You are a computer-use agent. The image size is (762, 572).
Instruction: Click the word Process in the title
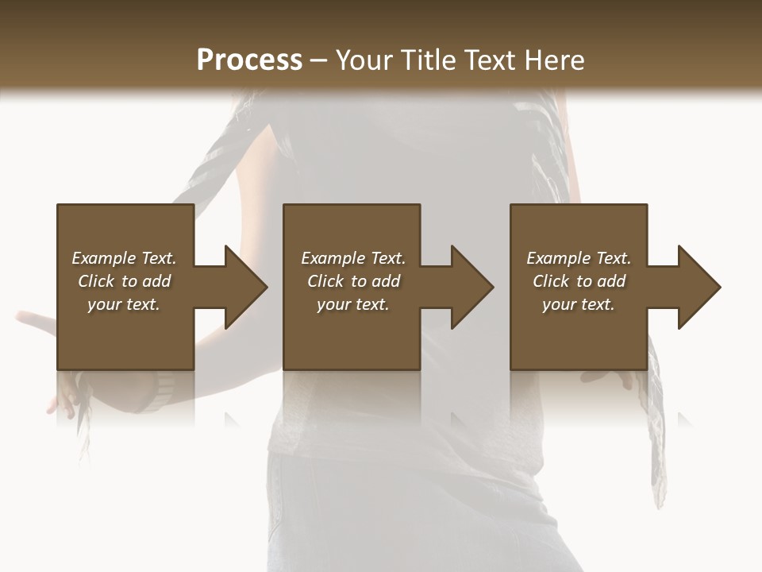click(249, 60)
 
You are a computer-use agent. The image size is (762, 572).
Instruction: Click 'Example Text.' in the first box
click(124, 258)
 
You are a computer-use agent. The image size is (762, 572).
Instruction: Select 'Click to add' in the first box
click(124, 281)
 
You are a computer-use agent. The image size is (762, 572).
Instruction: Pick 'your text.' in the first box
click(124, 304)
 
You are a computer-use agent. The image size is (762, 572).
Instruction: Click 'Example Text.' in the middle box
click(353, 258)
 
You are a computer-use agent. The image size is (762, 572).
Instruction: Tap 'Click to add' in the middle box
click(353, 281)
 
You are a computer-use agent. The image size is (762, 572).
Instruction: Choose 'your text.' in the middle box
click(353, 304)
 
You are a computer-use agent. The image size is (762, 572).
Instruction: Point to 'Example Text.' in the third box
click(579, 258)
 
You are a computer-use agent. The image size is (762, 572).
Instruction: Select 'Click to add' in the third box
click(579, 281)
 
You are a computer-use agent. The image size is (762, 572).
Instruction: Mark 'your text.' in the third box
click(579, 304)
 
